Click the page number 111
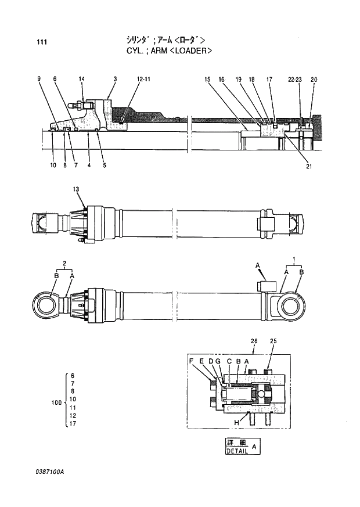(41, 42)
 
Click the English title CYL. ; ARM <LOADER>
(169, 51)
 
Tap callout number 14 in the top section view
(81, 79)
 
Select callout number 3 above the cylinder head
(115, 79)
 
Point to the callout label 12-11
(143, 79)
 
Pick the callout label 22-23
(294, 79)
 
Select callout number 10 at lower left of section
(53, 166)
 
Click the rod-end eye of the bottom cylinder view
(44, 303)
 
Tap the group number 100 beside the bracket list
(55, 401)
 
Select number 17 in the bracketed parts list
(72, 425)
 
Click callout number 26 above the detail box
(254, 340)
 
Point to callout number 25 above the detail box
(273, 340)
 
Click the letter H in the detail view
(236, 422)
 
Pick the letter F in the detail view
(191, 361)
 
